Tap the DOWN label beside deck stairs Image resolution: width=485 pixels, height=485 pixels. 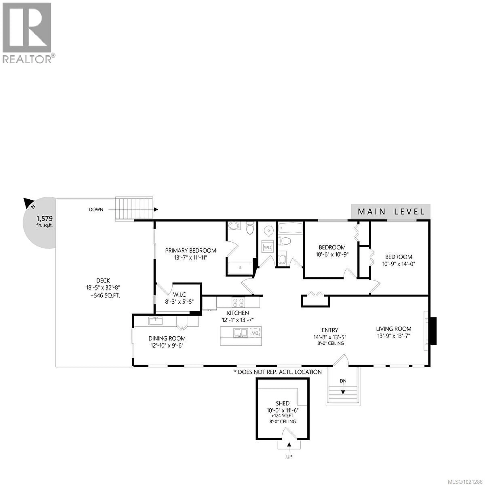coord(96,209)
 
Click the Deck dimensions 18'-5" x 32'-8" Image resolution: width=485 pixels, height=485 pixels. coord(103,287)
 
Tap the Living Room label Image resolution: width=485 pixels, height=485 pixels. coord(394,329)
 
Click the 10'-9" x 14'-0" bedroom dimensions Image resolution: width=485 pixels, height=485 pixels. coord(399,264)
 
